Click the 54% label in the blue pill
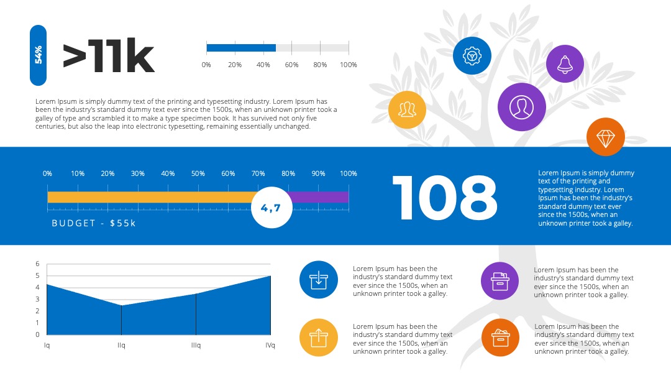(38, 55)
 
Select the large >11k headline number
(109, 56)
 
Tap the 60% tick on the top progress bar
(291, 65)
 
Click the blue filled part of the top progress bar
(241, 47)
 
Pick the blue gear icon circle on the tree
(472, 56)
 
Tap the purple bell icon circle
(565, 64)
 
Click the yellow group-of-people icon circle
(407, 109)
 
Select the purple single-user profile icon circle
(522, 107)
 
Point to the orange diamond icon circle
(606, 137)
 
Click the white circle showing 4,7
(272, 208)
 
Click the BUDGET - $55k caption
(94, 223)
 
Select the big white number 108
(445, 198)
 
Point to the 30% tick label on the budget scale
(138, 173)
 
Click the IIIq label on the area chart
(196, 345)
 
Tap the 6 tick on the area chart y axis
(38, 264)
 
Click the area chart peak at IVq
(270, 276)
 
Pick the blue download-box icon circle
(319, 280)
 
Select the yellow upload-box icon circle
(319, 338)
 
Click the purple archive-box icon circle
(500, 281)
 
